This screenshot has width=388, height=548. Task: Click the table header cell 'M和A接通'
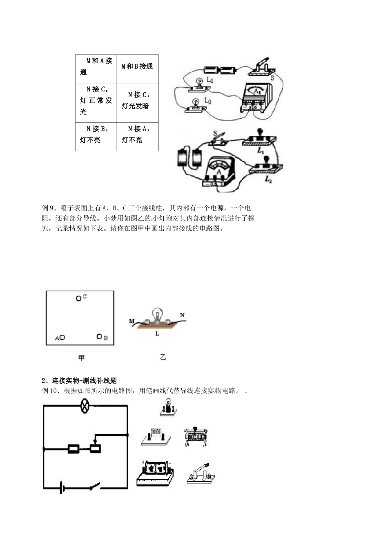[96, 66]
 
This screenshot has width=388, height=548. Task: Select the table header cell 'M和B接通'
[137, 66]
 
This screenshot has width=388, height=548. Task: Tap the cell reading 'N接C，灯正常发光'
[96, 100]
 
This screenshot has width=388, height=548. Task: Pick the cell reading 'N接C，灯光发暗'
[137, 100]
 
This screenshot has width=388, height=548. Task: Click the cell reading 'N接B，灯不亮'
[96, 134]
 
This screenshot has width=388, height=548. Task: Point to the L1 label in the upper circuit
[210, 80]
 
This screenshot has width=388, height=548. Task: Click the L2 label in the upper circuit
[208, 101]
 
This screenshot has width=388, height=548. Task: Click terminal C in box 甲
[79, 298]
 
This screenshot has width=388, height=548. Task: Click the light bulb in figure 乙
[158, 315]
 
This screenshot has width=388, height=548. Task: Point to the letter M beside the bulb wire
[132, 321]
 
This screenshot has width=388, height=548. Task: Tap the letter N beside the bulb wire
[182, 315]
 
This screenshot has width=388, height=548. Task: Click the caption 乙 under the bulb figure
[163, 358]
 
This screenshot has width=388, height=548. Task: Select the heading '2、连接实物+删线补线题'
[79, 380]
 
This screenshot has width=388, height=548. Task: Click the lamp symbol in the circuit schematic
[85, 406]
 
